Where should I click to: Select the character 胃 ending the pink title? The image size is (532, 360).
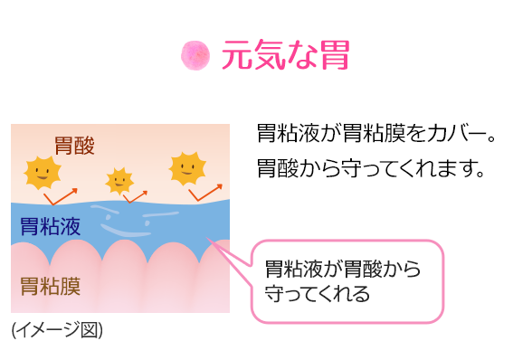[x=332, y=55]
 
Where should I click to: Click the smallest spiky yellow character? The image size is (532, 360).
[x=119, y=181]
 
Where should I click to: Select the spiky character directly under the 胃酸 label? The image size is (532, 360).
[x=42, y=172]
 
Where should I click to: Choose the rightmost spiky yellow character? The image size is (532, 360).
[x=187, y=167]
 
